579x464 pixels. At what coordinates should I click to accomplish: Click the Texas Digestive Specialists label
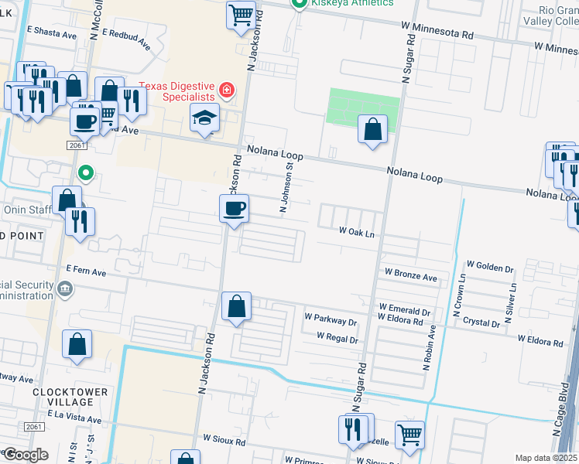176,91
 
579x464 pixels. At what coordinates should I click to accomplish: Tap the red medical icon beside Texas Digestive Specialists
226,90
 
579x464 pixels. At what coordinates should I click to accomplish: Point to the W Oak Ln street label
357,231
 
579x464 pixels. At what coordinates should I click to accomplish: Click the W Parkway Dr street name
330,319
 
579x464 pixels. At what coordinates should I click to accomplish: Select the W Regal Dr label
337,339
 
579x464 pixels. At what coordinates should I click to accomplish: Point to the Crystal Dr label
481,323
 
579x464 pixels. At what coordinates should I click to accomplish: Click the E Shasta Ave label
52,32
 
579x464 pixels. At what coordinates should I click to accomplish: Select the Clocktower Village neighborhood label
70,397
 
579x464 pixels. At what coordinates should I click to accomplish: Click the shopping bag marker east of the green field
372,130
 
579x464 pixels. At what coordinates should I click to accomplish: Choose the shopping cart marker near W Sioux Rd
409,434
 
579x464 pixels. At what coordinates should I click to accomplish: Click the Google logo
25,455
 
